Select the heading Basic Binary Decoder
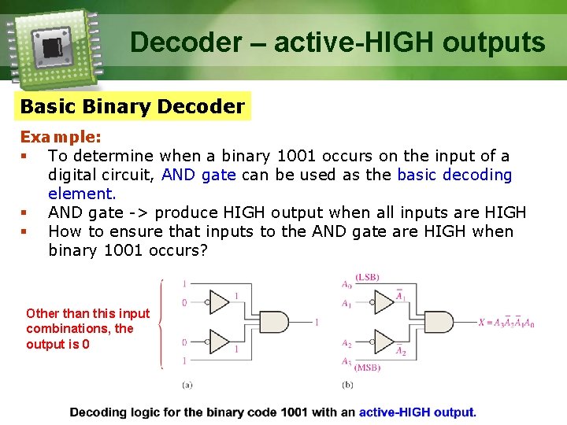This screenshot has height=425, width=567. coord(132,106)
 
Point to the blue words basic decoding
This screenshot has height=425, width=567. coord(454,175)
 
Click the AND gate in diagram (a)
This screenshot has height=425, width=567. coord(272,323)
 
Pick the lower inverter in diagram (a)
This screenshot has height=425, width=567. coord(218,342)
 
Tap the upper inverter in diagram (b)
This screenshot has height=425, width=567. coord(384,301)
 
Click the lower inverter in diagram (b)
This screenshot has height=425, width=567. coord(384,342)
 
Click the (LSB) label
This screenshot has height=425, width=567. coord(368,278)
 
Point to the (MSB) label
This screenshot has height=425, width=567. coord(368,367)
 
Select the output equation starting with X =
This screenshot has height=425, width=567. coord(506,323)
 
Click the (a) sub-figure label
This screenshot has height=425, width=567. coord(187,384)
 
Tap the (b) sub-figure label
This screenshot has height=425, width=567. coord(347,384)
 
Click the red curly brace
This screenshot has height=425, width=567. coord(161,323)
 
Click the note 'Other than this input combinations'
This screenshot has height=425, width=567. coord(87,329)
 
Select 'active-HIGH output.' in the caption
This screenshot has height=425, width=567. coord(417,412)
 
